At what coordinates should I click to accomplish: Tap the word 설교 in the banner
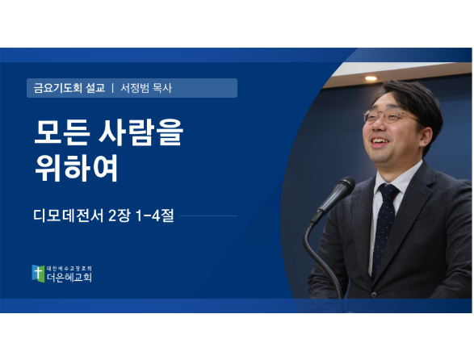(x=95, y=88)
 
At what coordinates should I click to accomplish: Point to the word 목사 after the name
(x=162, y=88)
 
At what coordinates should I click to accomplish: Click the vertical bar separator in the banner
(x=113, y=88)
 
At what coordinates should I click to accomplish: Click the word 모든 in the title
(x=62, y=132)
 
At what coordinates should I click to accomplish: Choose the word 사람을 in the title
(x=141, y=132)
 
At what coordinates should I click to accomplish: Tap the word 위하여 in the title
(x=76, y=168)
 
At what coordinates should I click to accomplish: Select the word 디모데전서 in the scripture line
(x=69, y=216)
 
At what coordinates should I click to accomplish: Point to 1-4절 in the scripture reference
(x=155, y=216)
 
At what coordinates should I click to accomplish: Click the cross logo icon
(x=39, y=274)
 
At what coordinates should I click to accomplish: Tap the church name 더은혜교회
(x=69, y=277)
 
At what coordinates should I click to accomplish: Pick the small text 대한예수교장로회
(x=69, y=268)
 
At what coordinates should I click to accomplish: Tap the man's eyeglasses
(x=387, y=117)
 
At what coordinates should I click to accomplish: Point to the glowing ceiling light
(x=371, y=78)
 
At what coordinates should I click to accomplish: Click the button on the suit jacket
(x=374, y=294)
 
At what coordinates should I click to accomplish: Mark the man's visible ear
(x=426, y=137)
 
